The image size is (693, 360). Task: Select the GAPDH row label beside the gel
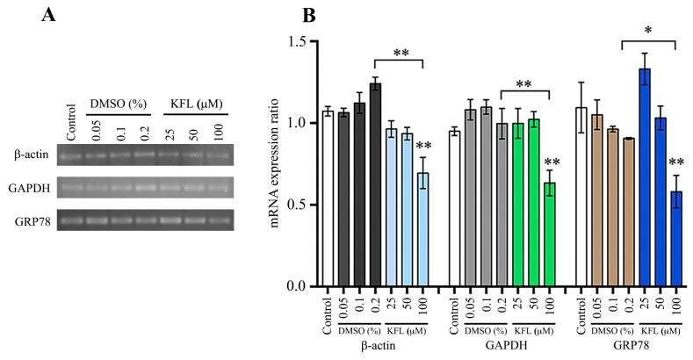(x=29, y=187)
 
